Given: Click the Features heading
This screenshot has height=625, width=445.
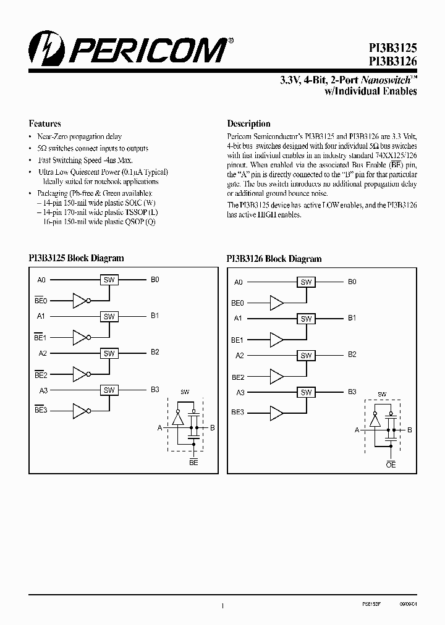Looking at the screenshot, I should [45, 124].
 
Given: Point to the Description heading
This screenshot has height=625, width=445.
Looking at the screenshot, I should [248, 124].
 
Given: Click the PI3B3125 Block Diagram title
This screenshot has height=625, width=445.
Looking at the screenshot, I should [76, 258].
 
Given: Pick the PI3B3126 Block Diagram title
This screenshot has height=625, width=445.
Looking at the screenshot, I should [274, 259].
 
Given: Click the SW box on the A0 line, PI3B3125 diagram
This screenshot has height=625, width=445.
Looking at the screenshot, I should [109, 280].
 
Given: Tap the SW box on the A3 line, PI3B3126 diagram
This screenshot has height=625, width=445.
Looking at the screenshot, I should [305, 392].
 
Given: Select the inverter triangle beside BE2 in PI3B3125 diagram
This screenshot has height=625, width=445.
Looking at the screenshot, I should [80, 374].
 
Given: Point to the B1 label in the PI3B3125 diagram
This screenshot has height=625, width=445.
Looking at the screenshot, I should [155, 316].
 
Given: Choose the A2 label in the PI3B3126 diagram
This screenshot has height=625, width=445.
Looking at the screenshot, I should [240, 356].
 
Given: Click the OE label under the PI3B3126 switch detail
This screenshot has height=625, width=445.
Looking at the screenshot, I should [391, 464].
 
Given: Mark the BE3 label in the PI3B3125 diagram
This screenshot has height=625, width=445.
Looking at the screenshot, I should [41, 410].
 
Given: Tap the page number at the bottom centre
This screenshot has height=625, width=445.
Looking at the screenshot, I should [222, 607].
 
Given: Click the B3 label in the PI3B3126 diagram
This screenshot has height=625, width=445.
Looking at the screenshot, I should [352, 392].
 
